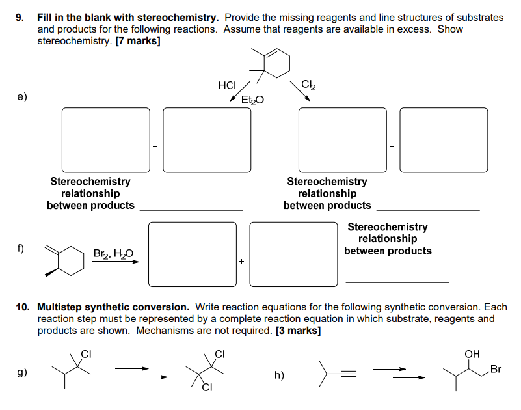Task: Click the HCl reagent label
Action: tap(227, 85)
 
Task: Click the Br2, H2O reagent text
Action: tap(113, 254)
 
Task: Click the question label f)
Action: tap(21, 248)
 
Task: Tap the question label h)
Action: tap(279, 376)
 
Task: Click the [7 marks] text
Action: tap(139, 40)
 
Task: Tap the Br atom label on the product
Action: tap(496, 370)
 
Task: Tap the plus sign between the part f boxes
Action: tap(241, 262)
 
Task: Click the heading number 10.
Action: tap(23, 307)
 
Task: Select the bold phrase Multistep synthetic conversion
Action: tap(113, 307)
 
